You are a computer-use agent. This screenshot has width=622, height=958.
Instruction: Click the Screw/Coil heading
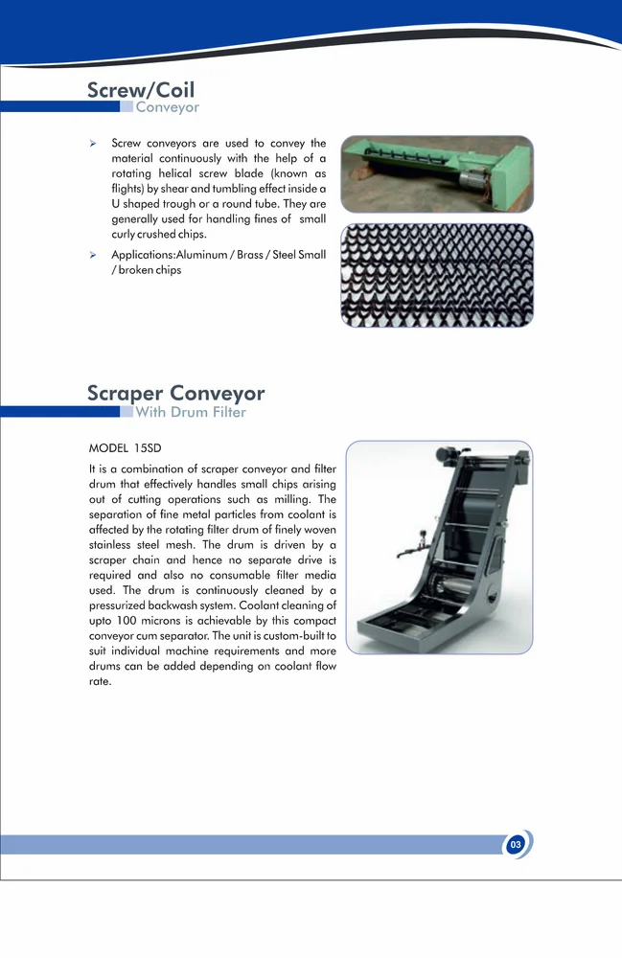pos(141,90)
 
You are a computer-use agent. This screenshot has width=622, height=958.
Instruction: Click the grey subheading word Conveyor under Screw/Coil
pos(167,107)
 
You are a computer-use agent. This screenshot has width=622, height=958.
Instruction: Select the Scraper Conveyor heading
pos(175,393)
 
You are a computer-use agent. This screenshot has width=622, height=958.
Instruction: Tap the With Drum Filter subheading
pos(191,413)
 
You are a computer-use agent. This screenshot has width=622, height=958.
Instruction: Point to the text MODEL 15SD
pos(120,447)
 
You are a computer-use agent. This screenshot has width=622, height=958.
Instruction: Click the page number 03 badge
pos(516,845)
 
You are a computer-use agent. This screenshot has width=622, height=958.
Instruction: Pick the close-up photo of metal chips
pos(436,275)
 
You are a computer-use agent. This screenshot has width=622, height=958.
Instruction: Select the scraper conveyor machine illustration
pos(438,547)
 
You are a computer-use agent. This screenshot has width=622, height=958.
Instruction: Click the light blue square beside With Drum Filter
pos(127,413)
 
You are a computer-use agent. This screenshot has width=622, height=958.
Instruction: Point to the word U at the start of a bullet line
pos(116,204)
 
